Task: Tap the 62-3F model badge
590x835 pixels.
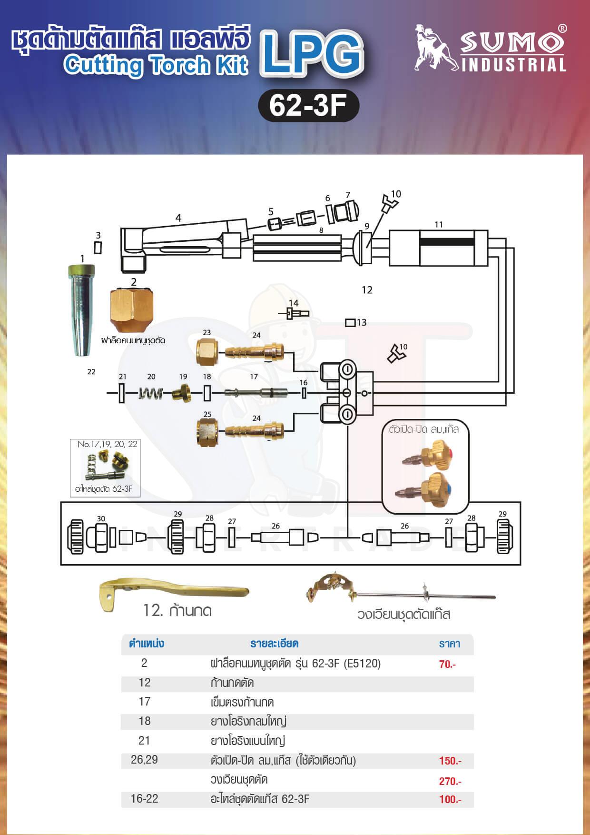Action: click(308, 105)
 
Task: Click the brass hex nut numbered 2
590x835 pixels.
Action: click(132, 311)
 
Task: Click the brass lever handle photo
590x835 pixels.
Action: click(174, 594)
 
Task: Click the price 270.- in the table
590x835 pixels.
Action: click(450, 781)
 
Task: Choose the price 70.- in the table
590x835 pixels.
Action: click(447, 664)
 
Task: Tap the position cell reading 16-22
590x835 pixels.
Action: click(144, 798)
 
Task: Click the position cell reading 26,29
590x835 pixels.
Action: click(144, 759)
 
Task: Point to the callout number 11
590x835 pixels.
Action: click(439, 224)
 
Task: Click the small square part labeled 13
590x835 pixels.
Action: click(350, 323)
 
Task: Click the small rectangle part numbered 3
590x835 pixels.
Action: click(98, 248)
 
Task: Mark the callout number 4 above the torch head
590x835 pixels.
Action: click(178, 218)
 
